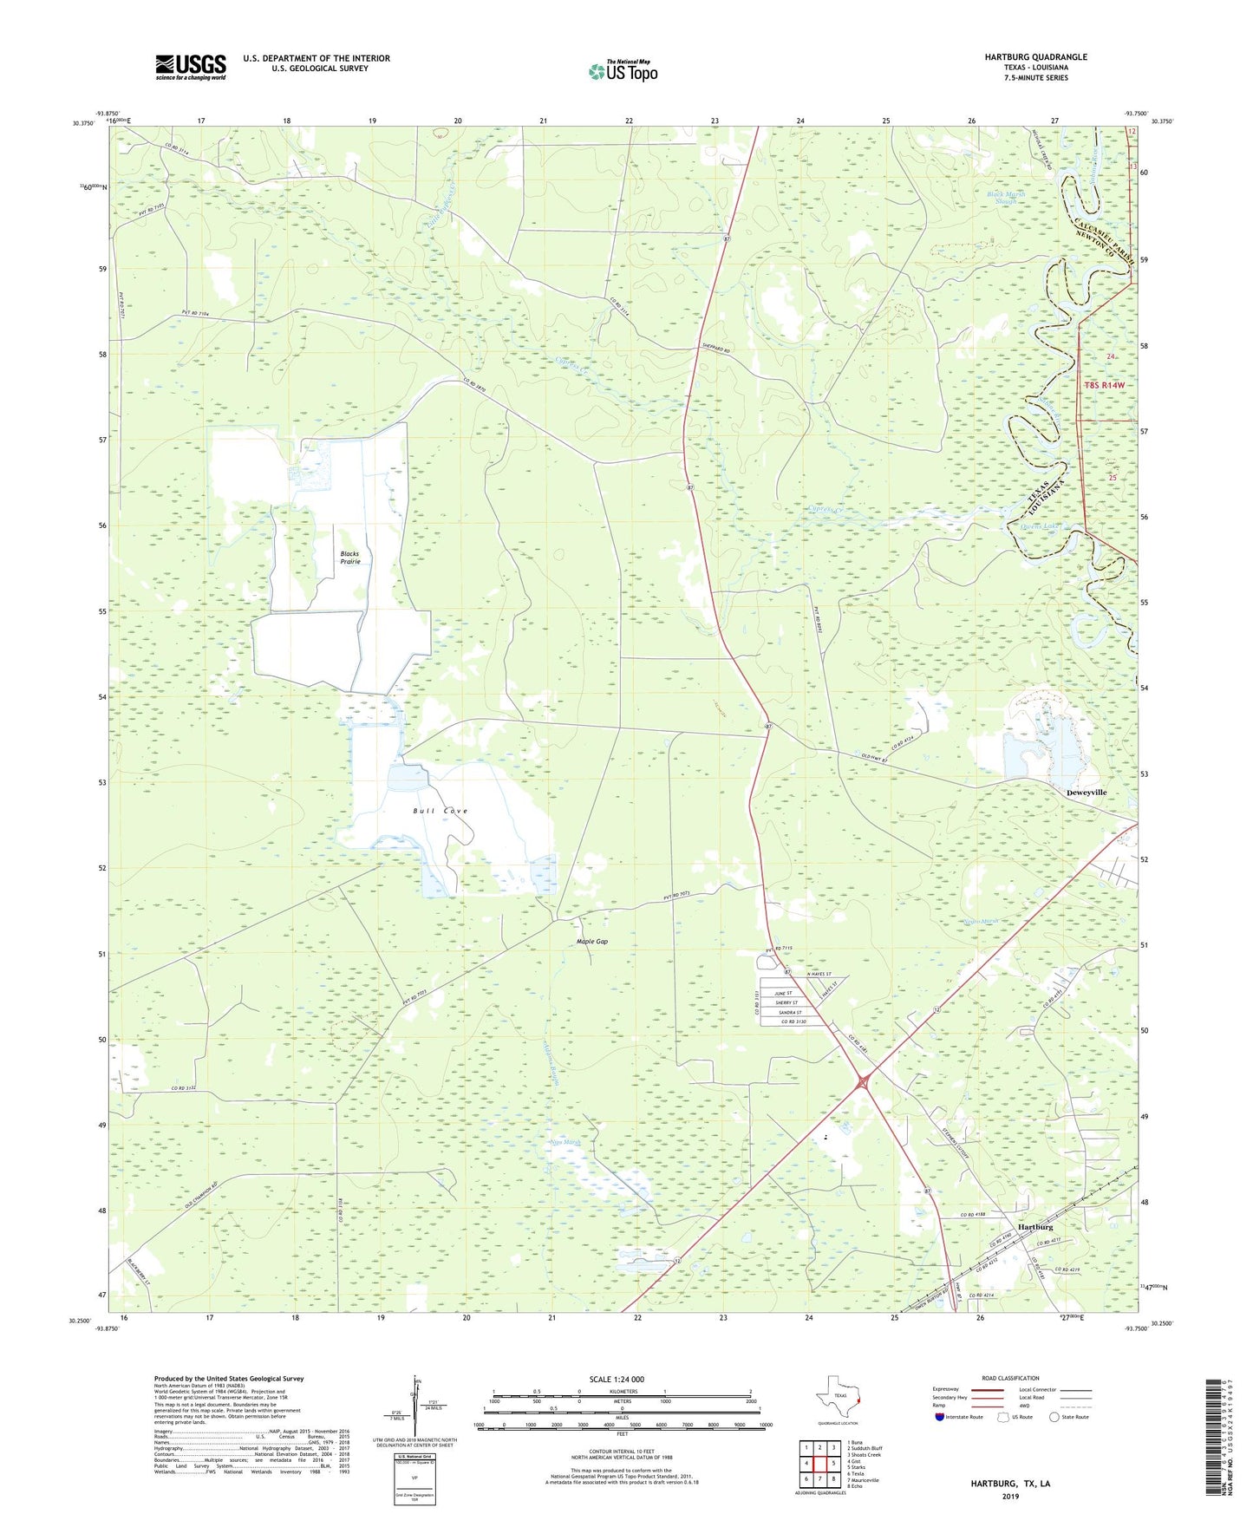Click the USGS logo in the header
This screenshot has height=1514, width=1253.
click(x=191, y=67)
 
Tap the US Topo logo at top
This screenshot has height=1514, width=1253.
click(x=623, y=71)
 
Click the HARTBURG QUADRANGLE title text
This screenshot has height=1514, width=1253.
click(x=1035, y=57)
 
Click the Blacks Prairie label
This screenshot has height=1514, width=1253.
click(x=349, y=558)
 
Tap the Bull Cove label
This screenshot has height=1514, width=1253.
click(x=441, y=811)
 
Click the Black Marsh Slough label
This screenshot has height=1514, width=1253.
click(x=1006, y=198)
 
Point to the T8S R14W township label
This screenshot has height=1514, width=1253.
click(x=1104, y=385)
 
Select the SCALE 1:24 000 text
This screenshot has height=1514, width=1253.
click(x=616, y=1380)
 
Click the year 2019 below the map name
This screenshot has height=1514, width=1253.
click(x=1010, y=1497)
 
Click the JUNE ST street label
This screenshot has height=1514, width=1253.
click(x=785, y=994)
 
